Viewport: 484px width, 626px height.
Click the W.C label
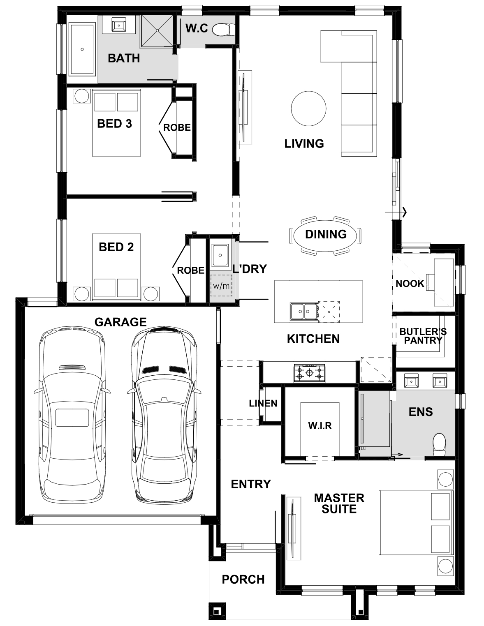(x=197, y=28)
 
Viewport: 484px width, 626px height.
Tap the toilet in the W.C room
(x=224, y=29)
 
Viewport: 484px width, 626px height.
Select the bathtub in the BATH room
(x=82, y=50)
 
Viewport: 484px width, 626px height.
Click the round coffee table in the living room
(x=308, y=109)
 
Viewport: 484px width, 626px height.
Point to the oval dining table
(x=325, y=235)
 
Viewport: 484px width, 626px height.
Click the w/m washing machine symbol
(x=221, y=286)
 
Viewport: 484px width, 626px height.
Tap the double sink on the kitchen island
(x=304, y=312)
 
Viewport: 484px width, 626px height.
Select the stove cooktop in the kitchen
(x=309, y=373)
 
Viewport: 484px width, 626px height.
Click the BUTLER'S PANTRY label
(x=423, y=336)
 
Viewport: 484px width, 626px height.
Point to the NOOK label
(x=410, y=284)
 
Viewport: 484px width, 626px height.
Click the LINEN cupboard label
(x=263, y=403)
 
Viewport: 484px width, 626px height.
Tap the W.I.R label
(x=320, y=425)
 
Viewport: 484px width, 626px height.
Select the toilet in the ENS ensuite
(x=439, y=444)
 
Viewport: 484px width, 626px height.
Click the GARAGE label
(x=120, y=322)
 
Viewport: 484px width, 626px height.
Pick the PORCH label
(x=243, y=579)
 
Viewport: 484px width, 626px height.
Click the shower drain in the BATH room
(x=157, y=30)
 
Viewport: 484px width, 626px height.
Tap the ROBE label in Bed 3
(x=177, y=127)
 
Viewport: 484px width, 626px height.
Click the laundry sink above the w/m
(x=220, y=255)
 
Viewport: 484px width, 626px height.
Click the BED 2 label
(x=116, y=247)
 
